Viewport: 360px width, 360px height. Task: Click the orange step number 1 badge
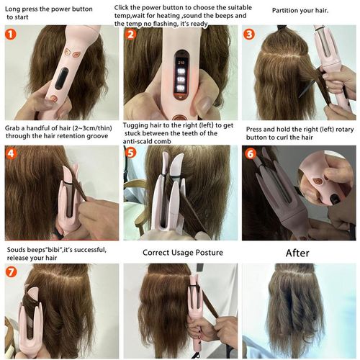click(x=12, y=33)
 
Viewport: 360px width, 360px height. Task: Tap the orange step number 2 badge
click(x=130, y=34)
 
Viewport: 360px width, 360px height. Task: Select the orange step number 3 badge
click(x=249, y=34)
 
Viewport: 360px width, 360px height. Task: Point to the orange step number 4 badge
click(x=12, y=153)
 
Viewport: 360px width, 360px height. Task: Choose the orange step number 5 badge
click(x=130, y=153)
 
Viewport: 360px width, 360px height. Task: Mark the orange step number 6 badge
click(x=249, y=153)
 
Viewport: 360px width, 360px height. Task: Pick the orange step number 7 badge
click(x=12, y=273)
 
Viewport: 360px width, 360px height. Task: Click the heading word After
click(x=297, y=253)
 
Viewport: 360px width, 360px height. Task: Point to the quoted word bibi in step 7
click(x=58, y=250)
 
